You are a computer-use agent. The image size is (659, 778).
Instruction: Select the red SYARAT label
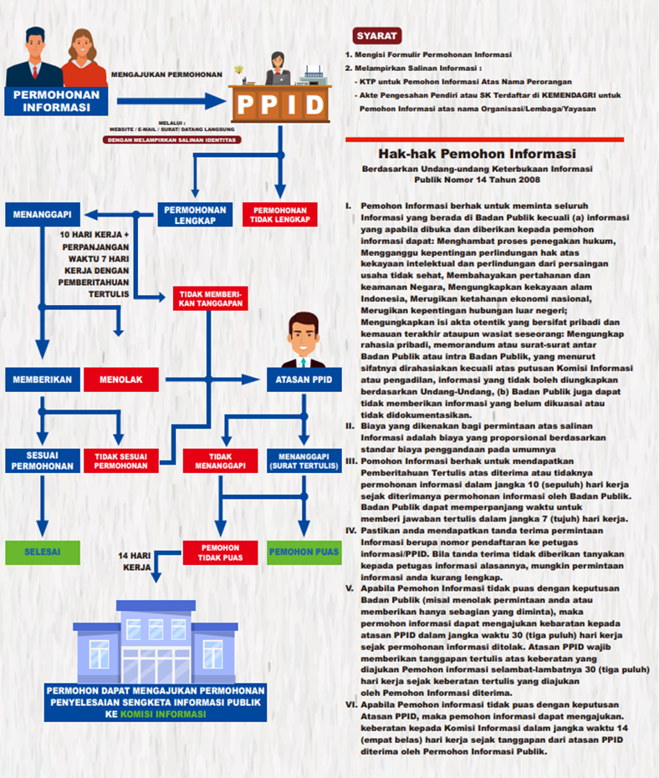(x=377, y=36)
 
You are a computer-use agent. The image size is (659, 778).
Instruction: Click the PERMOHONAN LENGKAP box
(x=195, y=215)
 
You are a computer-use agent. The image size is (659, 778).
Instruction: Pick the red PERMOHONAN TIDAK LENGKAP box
(x=280, y=215)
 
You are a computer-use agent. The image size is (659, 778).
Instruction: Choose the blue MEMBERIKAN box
(x=39, y=379)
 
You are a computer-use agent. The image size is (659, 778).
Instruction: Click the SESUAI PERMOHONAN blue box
(x=39, y=460)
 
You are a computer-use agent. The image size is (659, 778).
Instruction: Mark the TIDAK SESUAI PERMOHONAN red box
(x=120, y=460)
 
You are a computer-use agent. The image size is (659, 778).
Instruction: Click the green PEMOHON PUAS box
(x=304, y=552)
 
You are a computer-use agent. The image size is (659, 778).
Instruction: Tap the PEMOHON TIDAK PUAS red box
(x=220, y=552)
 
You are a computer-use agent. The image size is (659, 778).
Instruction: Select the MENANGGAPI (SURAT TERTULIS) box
(x=304, y=460)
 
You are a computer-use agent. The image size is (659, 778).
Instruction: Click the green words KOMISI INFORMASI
(x=164, y=714)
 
